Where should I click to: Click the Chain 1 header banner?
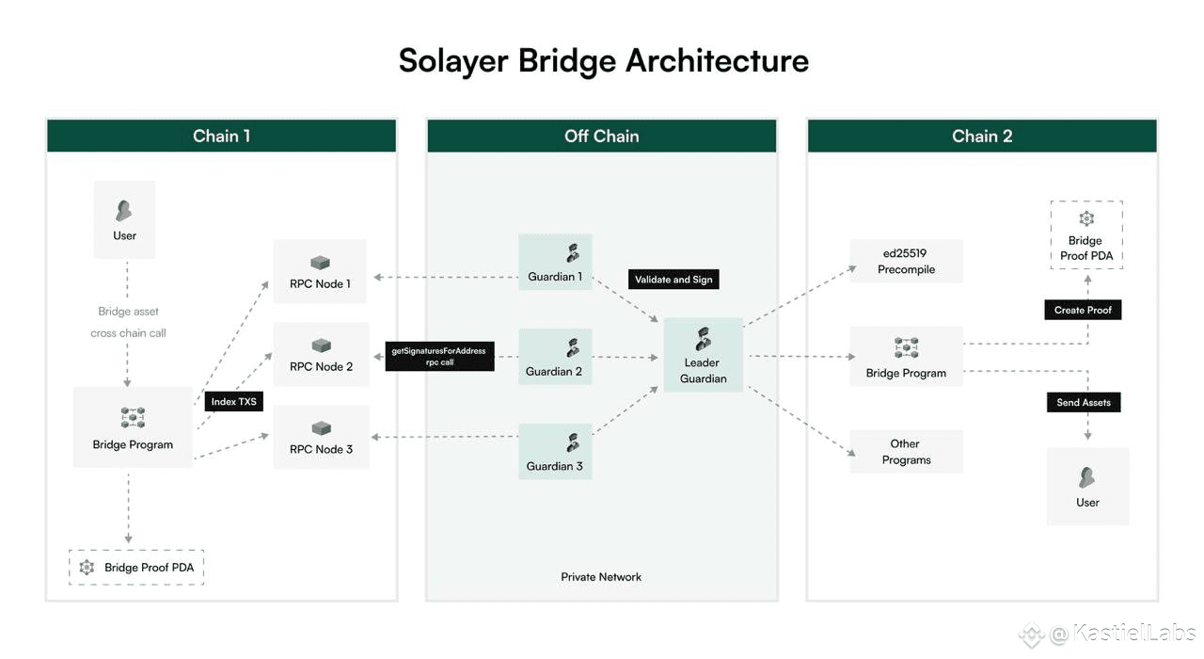point(221,136)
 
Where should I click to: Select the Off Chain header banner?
point(602,136)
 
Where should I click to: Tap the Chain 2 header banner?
point(982,136)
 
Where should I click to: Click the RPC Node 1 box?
point(320,272)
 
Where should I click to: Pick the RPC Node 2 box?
point(321,355)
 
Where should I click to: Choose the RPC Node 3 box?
point(321,438)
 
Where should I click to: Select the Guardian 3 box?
point(555,451)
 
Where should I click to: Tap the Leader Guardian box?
point(704,355)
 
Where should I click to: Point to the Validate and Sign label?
point(674,280)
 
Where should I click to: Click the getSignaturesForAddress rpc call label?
point(439,356)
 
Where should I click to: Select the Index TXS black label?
point(231,402)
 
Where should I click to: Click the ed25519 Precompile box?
point(906,261)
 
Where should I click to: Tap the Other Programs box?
point(906,452)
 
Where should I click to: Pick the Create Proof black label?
point(1083,310)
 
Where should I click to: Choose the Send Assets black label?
point(1084,402)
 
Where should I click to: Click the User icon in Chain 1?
point(124,211)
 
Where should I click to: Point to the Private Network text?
point(601,576)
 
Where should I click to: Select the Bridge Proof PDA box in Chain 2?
point(1086,234)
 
